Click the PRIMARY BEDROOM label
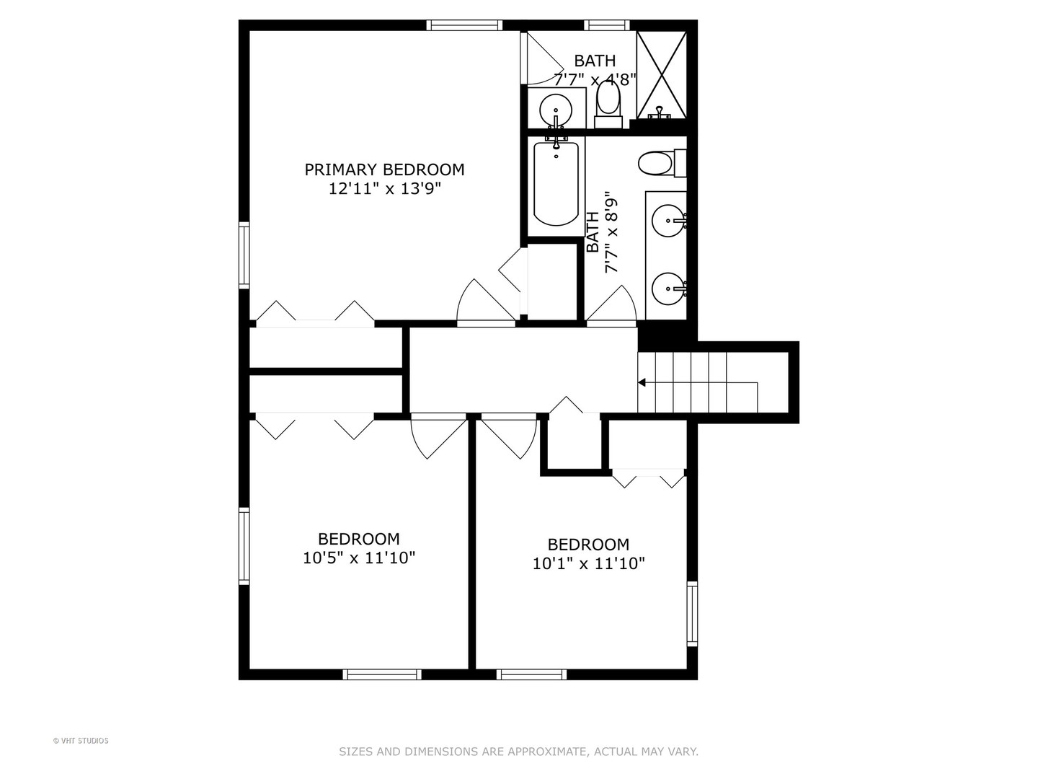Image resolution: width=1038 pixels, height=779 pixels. (x=384, y=170)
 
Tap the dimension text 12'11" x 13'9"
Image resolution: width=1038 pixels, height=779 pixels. (x=384, y=189)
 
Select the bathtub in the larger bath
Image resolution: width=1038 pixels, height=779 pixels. (x=556, y=183)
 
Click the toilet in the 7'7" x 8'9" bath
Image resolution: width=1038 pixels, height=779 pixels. (x=656, y=163)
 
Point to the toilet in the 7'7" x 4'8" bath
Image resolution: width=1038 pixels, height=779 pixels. (x=608, y=102)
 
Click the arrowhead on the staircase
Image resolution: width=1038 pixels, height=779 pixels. (x=642, y=382)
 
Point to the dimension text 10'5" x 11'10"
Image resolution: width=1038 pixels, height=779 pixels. (x=359, y=558)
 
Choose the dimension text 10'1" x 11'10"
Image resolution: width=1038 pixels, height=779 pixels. (x=588, y=563)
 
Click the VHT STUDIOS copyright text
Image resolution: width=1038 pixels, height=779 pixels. (x=81, y=741)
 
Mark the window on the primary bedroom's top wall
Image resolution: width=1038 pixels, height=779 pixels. (x=463, y=25)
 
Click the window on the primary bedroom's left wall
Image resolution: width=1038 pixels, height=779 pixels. (x=244, y=255)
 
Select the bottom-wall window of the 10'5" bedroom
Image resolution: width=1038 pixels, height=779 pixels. (x=381, y=674)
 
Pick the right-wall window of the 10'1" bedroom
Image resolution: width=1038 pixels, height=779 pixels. (x=692, y=614)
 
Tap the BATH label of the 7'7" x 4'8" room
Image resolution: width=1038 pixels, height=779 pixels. (x=595, y=61)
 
